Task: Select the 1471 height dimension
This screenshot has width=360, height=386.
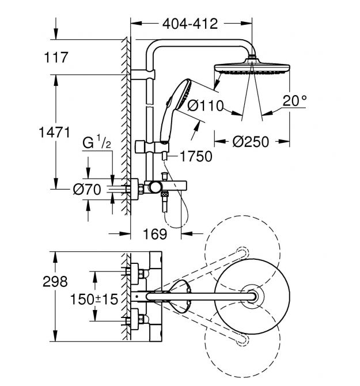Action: (x=56, y=133)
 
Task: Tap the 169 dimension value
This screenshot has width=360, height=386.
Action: (x=155, y=234)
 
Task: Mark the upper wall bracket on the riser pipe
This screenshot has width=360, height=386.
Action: (x=143, y=74)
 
